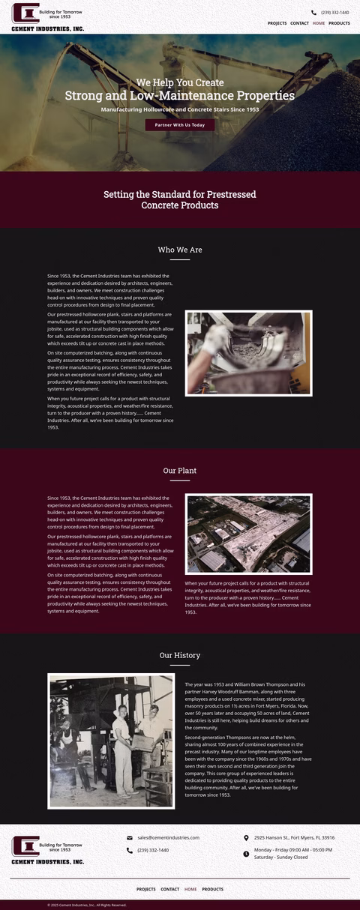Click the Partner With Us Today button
pyautogui.click(x=180, y=125)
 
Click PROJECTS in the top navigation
pyautogui.click(x=277, y=23)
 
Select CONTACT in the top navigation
pyautogui.click(x=299, y=23)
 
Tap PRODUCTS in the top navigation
pyautogui.click(x=339, y=23)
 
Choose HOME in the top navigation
pyautogui.click(x=319, y=23)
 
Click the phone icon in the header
pyautogui.click(x=313, y=13)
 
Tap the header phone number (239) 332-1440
pyautogui.click(x=334, y=13)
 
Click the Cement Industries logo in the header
pyautogui.click(x=47, y=17)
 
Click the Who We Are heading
pyautogui.click(x=180, y=250)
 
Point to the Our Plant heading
pyautogui.click(x=180, y=471)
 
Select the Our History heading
pyautogui.click(x=180, y=655)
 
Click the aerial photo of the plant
pyautogui.click(x=248, y=534)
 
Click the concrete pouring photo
pyautogui.click(x=248, y=353)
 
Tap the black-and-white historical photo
pyautogui.click(x=111, y=741)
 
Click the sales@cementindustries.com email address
pyautogui.click(x=168, y=837)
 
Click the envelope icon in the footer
pyautogui.click(x=130, y=838)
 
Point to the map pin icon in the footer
pyautogui.click(x=246, y=838)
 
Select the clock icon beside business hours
pyautogui.click(x=246, y=854)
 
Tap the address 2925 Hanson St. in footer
pyautogui.click(x=294, y=837)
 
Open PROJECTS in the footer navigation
pyautogui.click(x=145, y=889)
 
